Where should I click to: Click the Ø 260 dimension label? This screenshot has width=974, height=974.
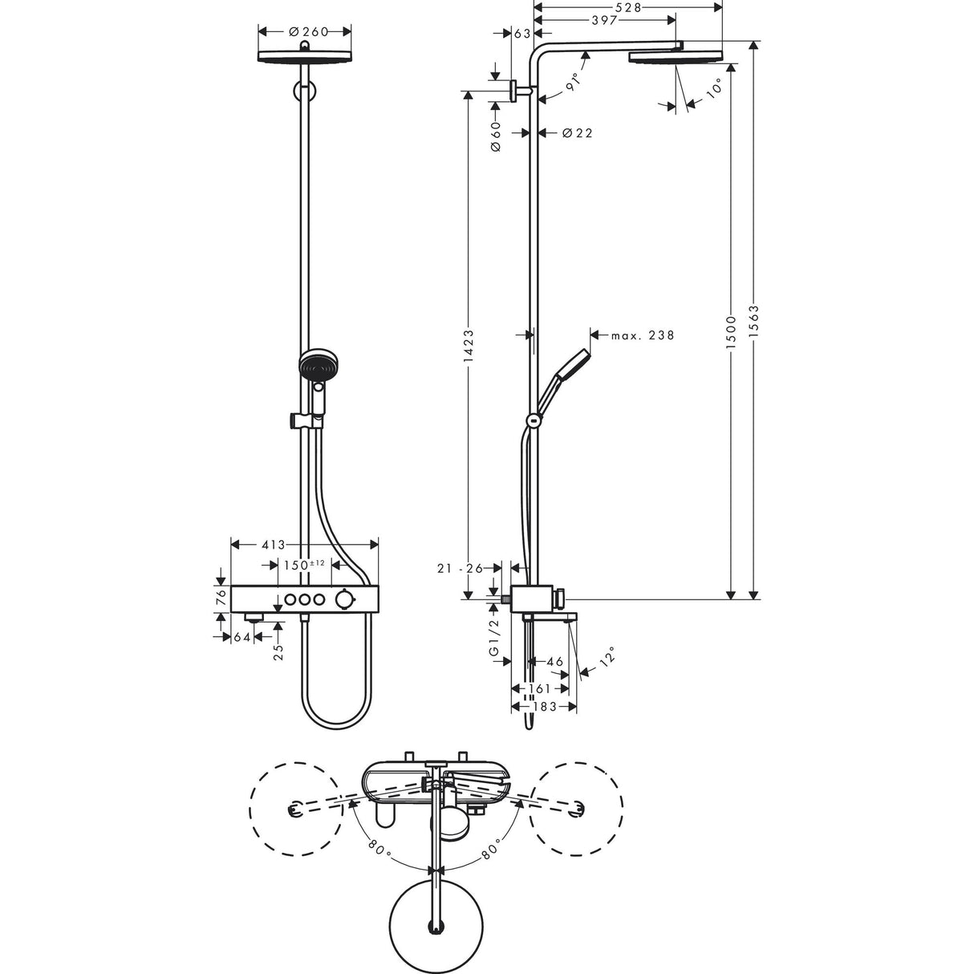pyautogui.click(x=304, y=31)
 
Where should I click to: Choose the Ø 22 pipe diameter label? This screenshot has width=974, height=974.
pyautogui.click(x=578, y=133)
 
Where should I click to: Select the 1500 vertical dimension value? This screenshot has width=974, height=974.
pyautogui.click(x=730, y=330)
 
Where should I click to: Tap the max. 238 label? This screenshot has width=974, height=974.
pyautogui.click(x=642, y=335)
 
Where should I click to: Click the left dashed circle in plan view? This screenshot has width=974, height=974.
pyautogui.click(x=293, y=803)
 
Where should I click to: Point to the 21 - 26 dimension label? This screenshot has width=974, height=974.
pyautogui.click(x=461, y=568)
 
